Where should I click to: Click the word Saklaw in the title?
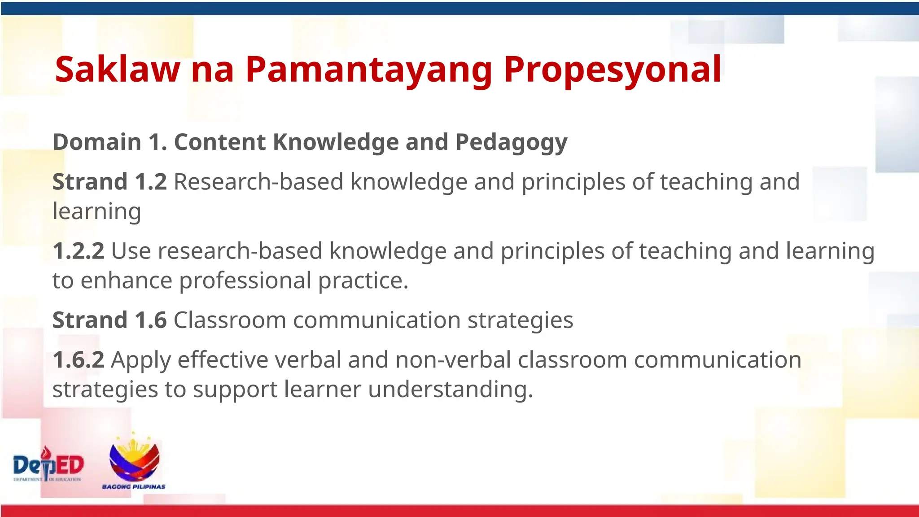point(118,70)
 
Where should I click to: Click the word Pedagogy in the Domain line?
point(511,143)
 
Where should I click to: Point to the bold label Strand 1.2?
point(109,182)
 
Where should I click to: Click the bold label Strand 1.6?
point(109,320)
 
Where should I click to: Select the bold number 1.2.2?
point(79,251)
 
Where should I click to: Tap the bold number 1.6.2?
point(79,360)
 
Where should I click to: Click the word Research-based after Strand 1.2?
point(258,182)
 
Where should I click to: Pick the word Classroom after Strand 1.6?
point(230,320)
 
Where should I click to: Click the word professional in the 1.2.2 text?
point(245,280)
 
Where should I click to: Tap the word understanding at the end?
point(450,390)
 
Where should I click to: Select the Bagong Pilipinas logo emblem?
point(134,457)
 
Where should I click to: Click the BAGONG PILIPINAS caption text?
point(134,487)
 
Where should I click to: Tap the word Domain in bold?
point(97,142)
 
